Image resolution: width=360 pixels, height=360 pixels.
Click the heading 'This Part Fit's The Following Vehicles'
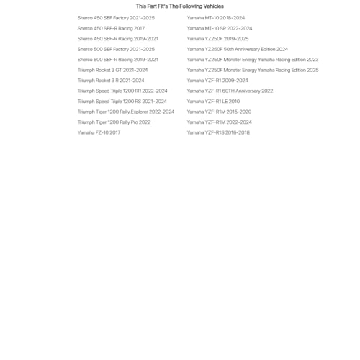coord(180,6)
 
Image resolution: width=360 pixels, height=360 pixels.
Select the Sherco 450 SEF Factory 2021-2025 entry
coord(116,18)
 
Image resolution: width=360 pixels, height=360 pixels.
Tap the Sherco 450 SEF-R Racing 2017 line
coord(111,28)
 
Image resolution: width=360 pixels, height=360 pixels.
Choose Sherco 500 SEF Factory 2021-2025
coord(116,49)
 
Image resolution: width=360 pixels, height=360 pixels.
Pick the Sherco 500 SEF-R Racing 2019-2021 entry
coord(118,60)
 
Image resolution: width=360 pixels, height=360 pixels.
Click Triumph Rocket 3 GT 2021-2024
coord(112,70)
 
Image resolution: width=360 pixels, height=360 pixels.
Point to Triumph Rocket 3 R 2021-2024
coord(111,81)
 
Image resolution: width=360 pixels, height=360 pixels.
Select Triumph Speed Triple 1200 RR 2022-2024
coord(122,91)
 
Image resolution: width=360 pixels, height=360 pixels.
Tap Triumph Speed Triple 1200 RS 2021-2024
coord(122,102)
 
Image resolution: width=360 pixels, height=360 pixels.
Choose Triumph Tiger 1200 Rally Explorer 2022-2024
coord(126,112)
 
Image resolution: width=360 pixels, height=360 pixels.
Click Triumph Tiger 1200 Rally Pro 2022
coord(114,122)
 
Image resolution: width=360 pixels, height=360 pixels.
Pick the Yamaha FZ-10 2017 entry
coord(99,132)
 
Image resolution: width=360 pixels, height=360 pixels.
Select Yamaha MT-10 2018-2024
coord(216,18)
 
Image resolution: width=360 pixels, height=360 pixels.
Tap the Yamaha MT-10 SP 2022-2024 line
coord(220,28)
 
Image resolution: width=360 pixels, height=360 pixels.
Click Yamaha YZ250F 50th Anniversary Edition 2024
coord(238,49)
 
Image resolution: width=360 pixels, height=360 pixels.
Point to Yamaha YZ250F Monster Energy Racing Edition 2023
coord(253,60)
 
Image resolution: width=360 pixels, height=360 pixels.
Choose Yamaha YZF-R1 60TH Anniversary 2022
coord(230,91)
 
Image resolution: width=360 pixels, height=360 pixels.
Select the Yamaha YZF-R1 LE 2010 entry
coord(213,102)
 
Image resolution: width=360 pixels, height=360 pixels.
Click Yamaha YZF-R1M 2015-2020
coord(219,112)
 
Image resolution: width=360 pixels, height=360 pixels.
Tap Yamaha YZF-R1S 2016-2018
coord(218,132)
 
